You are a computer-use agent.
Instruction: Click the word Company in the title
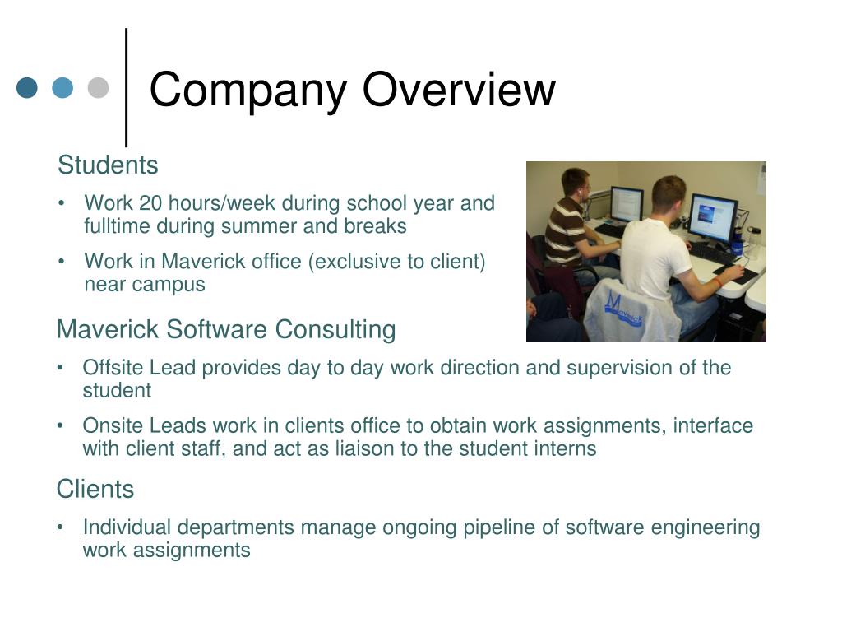click(248, 91)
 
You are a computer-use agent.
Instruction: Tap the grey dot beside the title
click(99, 87)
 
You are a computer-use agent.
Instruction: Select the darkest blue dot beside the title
click(27, 87)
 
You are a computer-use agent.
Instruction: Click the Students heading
click(108, 165)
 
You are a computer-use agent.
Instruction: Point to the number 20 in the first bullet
click(150, 203)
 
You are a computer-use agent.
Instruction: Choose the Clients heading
click(95, 489)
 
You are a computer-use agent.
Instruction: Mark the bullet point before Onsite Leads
click(61, 426)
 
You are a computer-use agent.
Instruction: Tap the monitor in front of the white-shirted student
click(713, 217)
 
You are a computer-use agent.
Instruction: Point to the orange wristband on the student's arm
click(719, 281)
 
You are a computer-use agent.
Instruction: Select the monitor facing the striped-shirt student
click(627, 204)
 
